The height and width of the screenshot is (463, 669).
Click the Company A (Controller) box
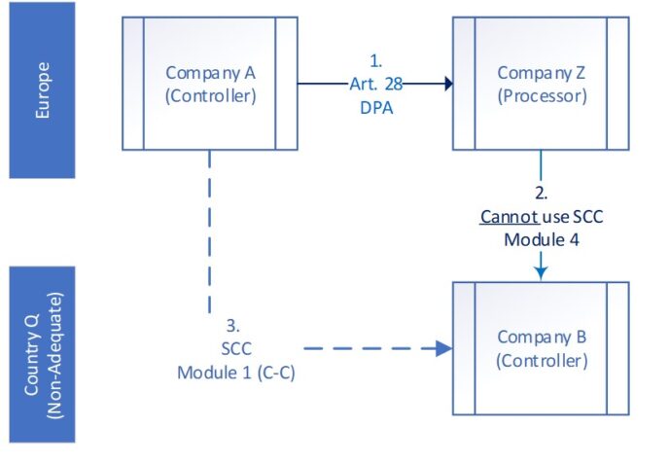tap(209, 84)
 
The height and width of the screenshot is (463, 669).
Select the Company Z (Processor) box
tap(540, 84)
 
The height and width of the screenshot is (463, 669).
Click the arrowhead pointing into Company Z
tap(447, 85)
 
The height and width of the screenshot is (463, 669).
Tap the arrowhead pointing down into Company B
tap(541, 273)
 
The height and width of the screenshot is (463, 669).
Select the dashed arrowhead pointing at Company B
tap(442, 347)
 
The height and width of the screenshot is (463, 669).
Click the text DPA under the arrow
tap(374, 107)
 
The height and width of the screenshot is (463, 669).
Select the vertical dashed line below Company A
tap(210, 233)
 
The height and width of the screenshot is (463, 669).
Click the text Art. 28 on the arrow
tap(374, 86)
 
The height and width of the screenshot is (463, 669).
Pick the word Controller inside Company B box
tap(541, 361)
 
